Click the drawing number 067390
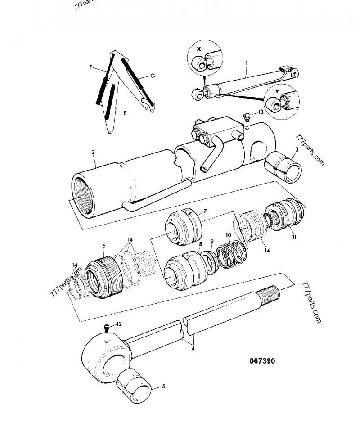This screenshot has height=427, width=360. point(262,361)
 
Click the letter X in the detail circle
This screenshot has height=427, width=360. point(200,48)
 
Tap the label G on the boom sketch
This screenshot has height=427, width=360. point(153,76)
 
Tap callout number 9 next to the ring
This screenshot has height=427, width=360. point(212,241)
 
